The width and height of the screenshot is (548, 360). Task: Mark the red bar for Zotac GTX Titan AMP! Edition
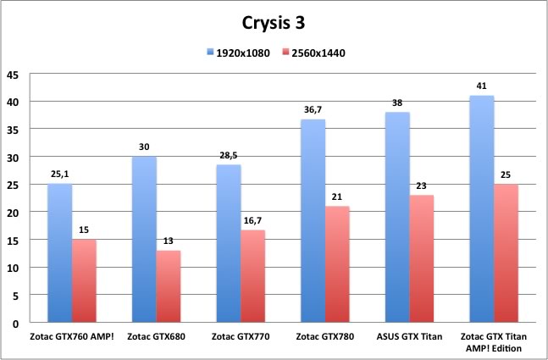tap(506, 253)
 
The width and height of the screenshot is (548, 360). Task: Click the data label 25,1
tap(59, 175)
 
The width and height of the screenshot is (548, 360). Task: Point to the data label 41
tap(481, 86)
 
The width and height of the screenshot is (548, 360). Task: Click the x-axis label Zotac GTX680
tap(157, 336)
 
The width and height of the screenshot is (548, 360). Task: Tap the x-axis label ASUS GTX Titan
tap(408, 336)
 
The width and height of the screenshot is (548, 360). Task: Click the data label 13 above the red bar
tap(169, 241)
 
